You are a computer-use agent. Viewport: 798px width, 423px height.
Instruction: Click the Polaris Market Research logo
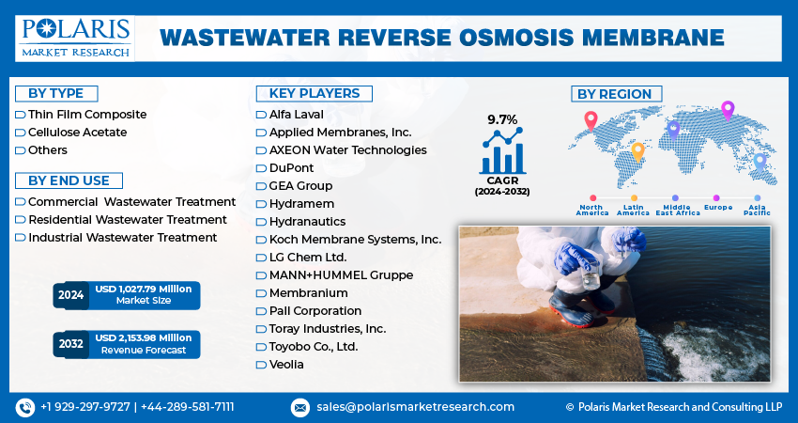click(x=75, y=39)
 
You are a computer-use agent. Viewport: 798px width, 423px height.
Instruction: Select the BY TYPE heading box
click(x=56, y=94)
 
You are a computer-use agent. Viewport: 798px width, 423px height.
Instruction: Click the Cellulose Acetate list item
click(x=77, y=133)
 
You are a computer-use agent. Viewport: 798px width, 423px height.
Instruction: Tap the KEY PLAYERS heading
click(x=314, y=94)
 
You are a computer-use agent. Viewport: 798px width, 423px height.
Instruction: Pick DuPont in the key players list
click(x=291, y=168)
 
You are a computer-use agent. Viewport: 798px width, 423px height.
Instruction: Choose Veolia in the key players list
click(x=286, y=365)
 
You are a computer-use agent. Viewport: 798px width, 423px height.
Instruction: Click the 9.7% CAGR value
click(x=502, y=119)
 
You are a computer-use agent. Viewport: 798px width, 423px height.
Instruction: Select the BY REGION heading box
click(x=616, y=94)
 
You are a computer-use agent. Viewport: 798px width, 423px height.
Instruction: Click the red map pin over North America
click(x=591, y=120)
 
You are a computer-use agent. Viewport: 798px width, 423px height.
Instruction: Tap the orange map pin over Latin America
click(x=637, y=152)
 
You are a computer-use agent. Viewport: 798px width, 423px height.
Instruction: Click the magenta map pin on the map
click(x=728, y=111)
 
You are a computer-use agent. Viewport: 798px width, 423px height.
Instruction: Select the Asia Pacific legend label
click(x=757, y=210)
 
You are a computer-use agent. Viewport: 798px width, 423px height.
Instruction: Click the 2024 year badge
click(x=70, y=295)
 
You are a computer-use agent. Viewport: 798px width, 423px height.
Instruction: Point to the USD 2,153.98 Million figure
click(x=144, y=337)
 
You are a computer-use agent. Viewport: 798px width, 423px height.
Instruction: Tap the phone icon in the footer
click(x=25, y=408)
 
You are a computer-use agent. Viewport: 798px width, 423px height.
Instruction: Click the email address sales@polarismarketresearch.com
click(x=415, y=407)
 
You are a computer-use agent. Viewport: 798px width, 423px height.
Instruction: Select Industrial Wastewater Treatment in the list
click(x=123, y=238)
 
